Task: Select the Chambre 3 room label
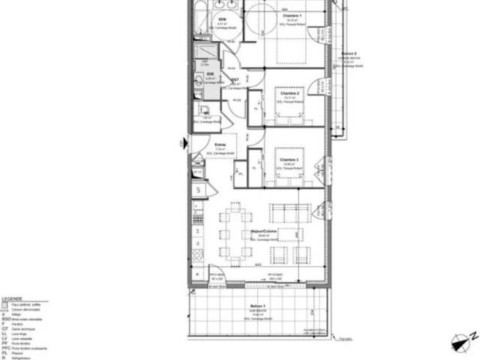pos(288,160)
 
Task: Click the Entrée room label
pos(220,145)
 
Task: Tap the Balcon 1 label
pos(257,308)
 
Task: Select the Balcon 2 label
pos(347,55)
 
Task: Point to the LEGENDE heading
pos(13,298)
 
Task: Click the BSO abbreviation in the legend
pos(6,319)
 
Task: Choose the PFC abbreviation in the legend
pos(7,348)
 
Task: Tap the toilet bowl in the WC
pos(199,119)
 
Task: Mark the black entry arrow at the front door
pos(184,142)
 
